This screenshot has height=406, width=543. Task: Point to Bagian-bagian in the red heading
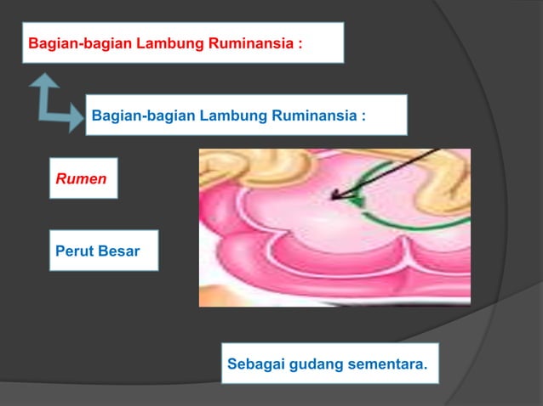coord(81,42)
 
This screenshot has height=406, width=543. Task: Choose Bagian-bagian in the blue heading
coord(143,114)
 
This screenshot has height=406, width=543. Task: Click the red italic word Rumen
coord(81,179)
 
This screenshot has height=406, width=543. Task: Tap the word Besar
coord(119,251)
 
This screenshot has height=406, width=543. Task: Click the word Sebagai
coord(254,365)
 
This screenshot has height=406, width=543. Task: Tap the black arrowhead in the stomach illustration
coord(337,196)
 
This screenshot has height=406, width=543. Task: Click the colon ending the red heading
coord(300,43)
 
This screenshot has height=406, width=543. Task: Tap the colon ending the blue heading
coord(363,115)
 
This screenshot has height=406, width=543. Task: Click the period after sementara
coord(423,369)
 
